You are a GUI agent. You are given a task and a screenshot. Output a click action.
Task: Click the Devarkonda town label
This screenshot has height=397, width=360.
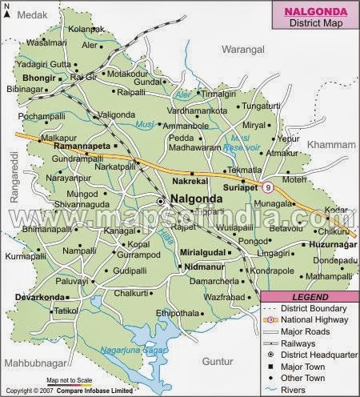[x=38, y=297]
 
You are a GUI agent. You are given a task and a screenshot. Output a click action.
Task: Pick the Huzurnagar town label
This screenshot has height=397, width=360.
[x=333, y=240]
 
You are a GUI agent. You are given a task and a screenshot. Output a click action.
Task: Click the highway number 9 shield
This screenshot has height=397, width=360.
[x=268, y=188]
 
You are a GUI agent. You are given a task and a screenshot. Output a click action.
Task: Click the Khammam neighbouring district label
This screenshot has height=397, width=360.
[x=331, y=146]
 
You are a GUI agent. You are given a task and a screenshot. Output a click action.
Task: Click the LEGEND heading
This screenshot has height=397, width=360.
[x=310, y=298]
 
